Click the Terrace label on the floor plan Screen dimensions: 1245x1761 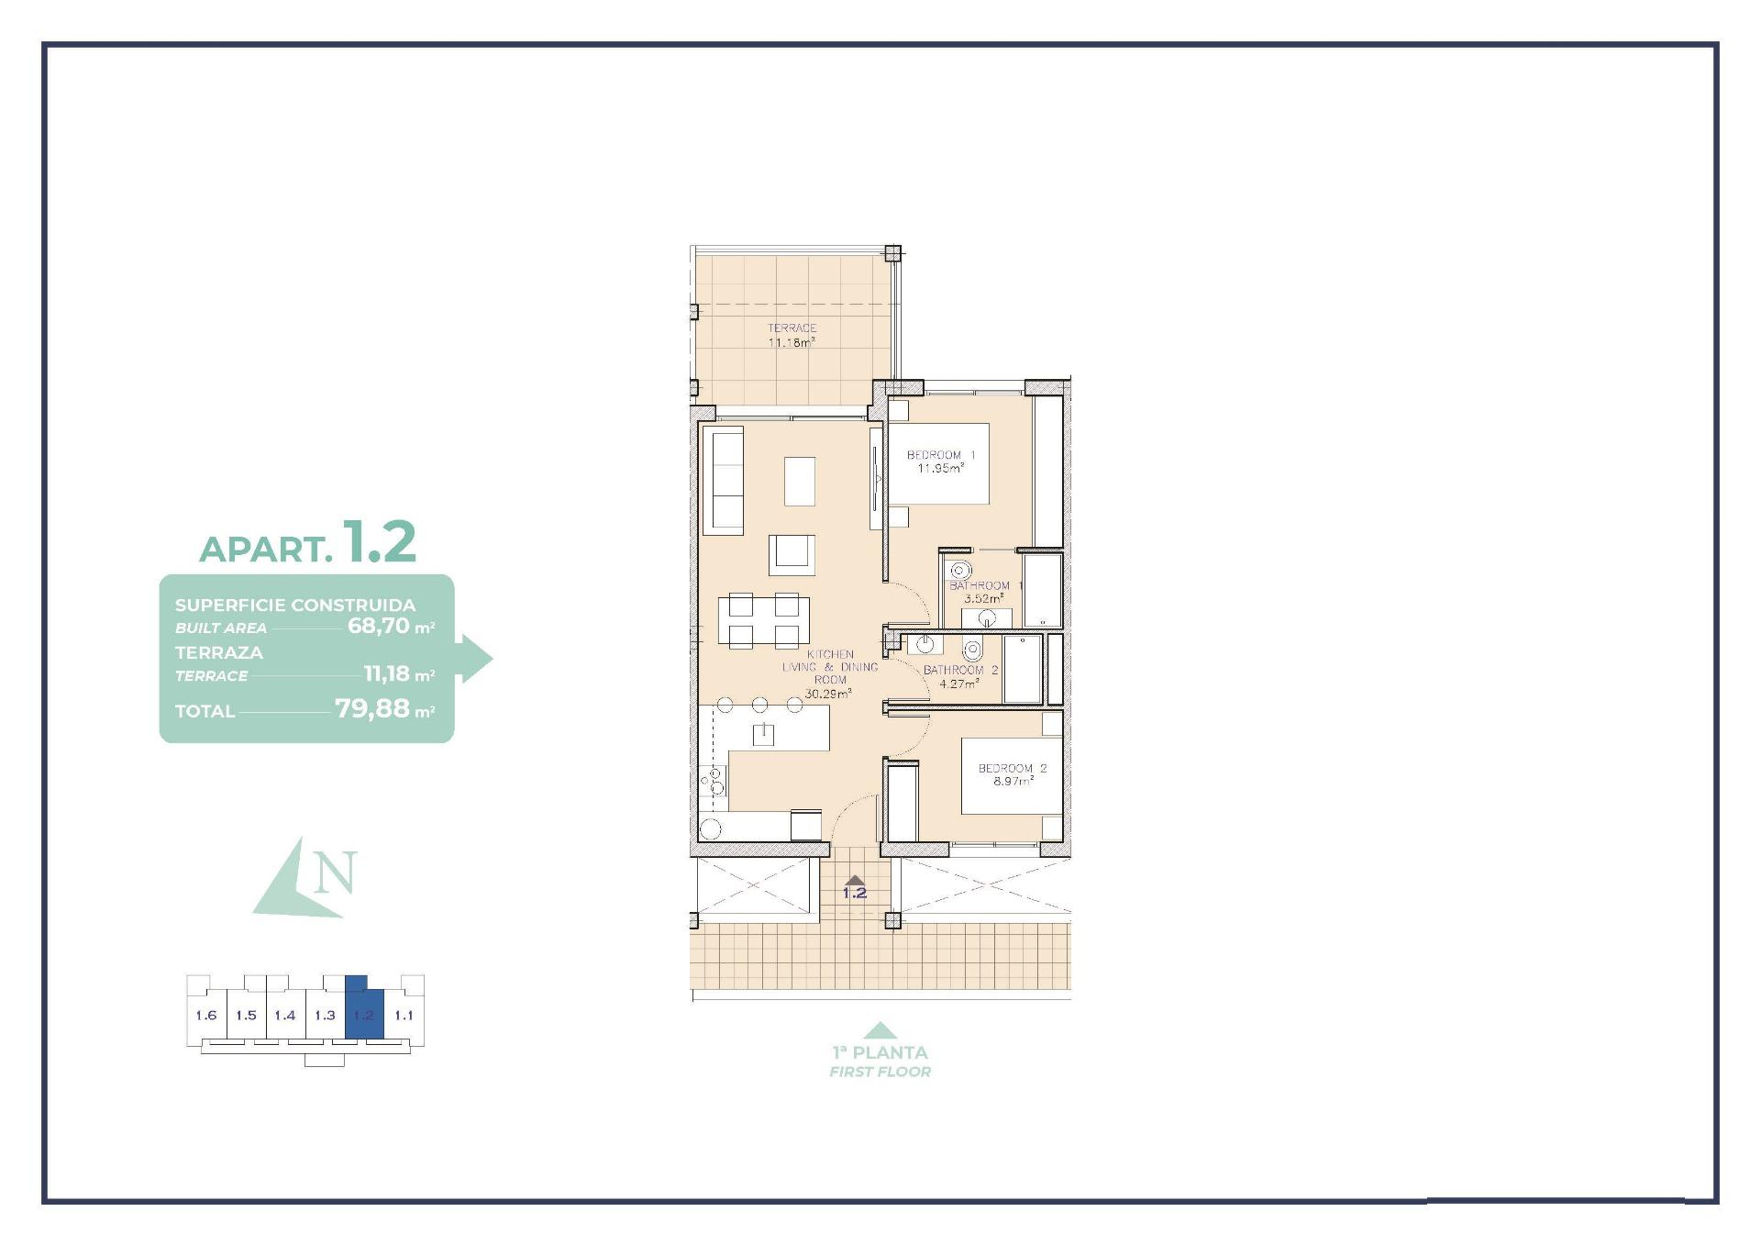coord(792,328)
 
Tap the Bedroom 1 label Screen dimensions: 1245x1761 coord(940,455)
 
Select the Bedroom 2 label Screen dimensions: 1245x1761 coord(1012,768)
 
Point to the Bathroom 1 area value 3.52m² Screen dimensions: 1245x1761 coord(982,598)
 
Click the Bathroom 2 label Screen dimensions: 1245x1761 coord(959,670)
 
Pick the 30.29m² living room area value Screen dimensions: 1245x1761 coord(827,694)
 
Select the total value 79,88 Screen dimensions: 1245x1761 coord(371,708)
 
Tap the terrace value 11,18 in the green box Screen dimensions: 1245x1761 coord(386,674)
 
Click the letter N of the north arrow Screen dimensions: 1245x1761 coord(334,873)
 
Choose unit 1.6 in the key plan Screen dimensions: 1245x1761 coord(206,1015)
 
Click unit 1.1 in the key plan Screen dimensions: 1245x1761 coord(404,1015)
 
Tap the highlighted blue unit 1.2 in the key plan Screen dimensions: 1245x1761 coord(364,1015)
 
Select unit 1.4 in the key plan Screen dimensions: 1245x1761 coord(285,1015)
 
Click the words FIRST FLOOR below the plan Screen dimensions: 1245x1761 coord(880,1072)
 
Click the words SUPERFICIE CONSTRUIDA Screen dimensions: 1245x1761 coord(295,606)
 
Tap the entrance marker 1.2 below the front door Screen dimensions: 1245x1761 coord(854,892)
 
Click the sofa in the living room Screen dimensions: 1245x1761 coord(723,481)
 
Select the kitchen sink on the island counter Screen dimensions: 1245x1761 coord(763,733)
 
